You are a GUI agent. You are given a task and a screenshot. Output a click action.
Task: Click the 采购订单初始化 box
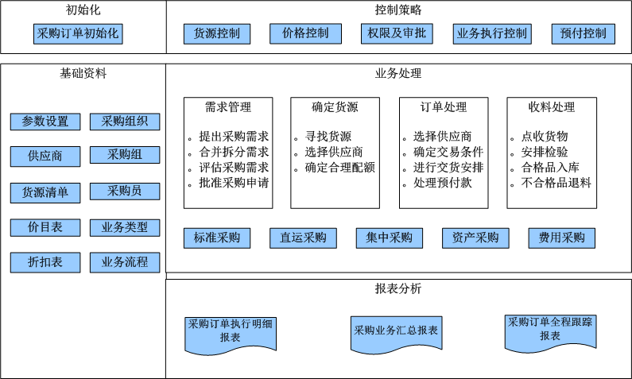[78, 34]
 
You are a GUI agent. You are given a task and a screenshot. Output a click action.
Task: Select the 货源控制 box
[217, 34]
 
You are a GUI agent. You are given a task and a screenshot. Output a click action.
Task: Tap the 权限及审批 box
[397, 33]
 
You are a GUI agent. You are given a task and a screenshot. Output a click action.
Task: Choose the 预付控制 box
[584, 34]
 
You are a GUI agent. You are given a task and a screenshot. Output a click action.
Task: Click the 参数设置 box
[45, 122]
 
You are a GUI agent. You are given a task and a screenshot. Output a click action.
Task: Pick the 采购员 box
[125, 191]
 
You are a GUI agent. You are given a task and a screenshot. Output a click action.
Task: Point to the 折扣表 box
[45, 263]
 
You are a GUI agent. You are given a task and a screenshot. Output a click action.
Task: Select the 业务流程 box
[125, 263]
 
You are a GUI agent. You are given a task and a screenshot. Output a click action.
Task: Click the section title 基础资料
[83, 73]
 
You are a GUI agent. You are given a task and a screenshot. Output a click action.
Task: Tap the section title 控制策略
[398, 10]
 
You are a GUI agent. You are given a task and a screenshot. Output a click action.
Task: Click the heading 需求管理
[228, 107]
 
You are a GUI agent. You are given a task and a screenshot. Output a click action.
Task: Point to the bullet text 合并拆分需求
[234, 152]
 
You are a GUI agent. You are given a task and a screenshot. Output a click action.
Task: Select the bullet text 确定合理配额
[339, 167]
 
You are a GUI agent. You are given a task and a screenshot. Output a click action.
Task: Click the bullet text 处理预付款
[443, 183]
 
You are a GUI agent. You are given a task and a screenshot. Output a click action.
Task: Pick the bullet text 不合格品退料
[556, 183]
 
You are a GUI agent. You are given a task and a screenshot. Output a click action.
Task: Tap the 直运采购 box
[303, 238]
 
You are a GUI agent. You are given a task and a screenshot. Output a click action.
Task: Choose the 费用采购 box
[561, 238]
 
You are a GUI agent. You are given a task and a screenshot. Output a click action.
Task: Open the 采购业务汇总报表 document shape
[397, 333]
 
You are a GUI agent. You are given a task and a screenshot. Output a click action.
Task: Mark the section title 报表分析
[398, 288]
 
